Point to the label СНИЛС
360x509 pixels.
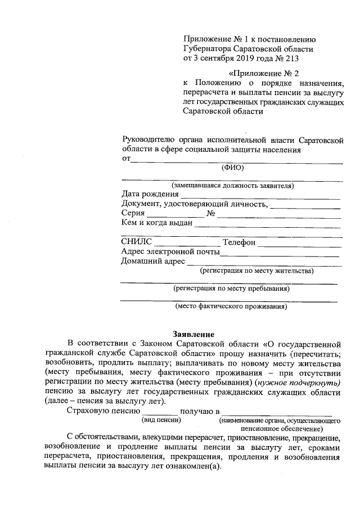click(x=137, y=242)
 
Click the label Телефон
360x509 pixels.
click(x=239, y=242)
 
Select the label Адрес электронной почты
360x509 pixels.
click(x=170, y=251)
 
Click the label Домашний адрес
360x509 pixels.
click(x=153, y=261)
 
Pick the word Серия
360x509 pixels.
click(x=133, y=214)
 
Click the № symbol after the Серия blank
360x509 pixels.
click(x=211, y=214)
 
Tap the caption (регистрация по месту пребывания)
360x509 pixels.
click(x=231, y=289)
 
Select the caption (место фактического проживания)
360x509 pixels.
click(x=231, y=307)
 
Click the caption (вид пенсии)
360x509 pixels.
click(x=161, y=420)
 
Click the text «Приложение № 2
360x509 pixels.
click(x=264, y=73)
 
